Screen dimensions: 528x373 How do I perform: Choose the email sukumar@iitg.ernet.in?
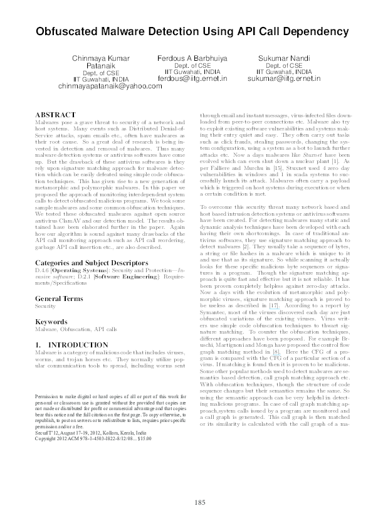pyautogui.click(x=283, y=80)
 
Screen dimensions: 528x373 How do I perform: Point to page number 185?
pyautogui.click(x=200, y=502)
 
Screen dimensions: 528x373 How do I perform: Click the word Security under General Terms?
pyautogui.click(x=45, y=307)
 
